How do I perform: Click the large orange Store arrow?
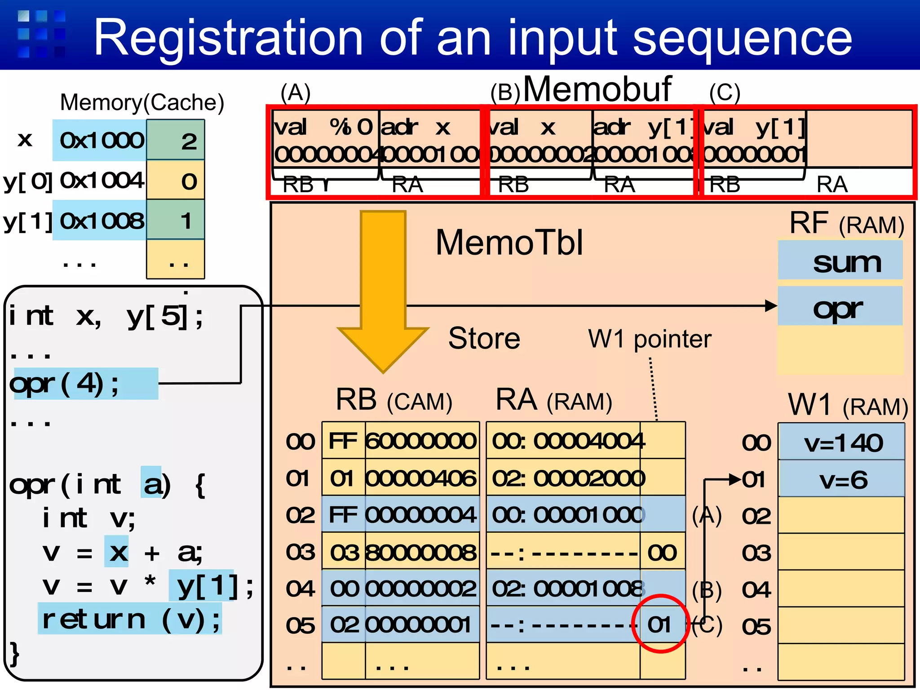coord(383,287)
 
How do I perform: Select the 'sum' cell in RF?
coord(840,261)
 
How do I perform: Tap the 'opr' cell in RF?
coord(840,307)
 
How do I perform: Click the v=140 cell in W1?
coord(841,442)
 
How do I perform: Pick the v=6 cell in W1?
coord(841,479)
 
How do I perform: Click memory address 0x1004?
coord(102,181)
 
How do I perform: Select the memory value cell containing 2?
coord(176,141)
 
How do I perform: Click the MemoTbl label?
coord(509,243)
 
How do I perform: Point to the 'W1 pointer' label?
coord(650,339)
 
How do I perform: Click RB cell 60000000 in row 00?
coord(421,441)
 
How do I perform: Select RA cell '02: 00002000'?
coord(568,478)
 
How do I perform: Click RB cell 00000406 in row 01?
coord(421,478)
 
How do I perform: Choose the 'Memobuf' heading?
coord(597,89)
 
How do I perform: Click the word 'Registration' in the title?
coord(228,38)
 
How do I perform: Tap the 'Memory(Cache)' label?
coord(142,102)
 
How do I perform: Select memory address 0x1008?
coord(102,221)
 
